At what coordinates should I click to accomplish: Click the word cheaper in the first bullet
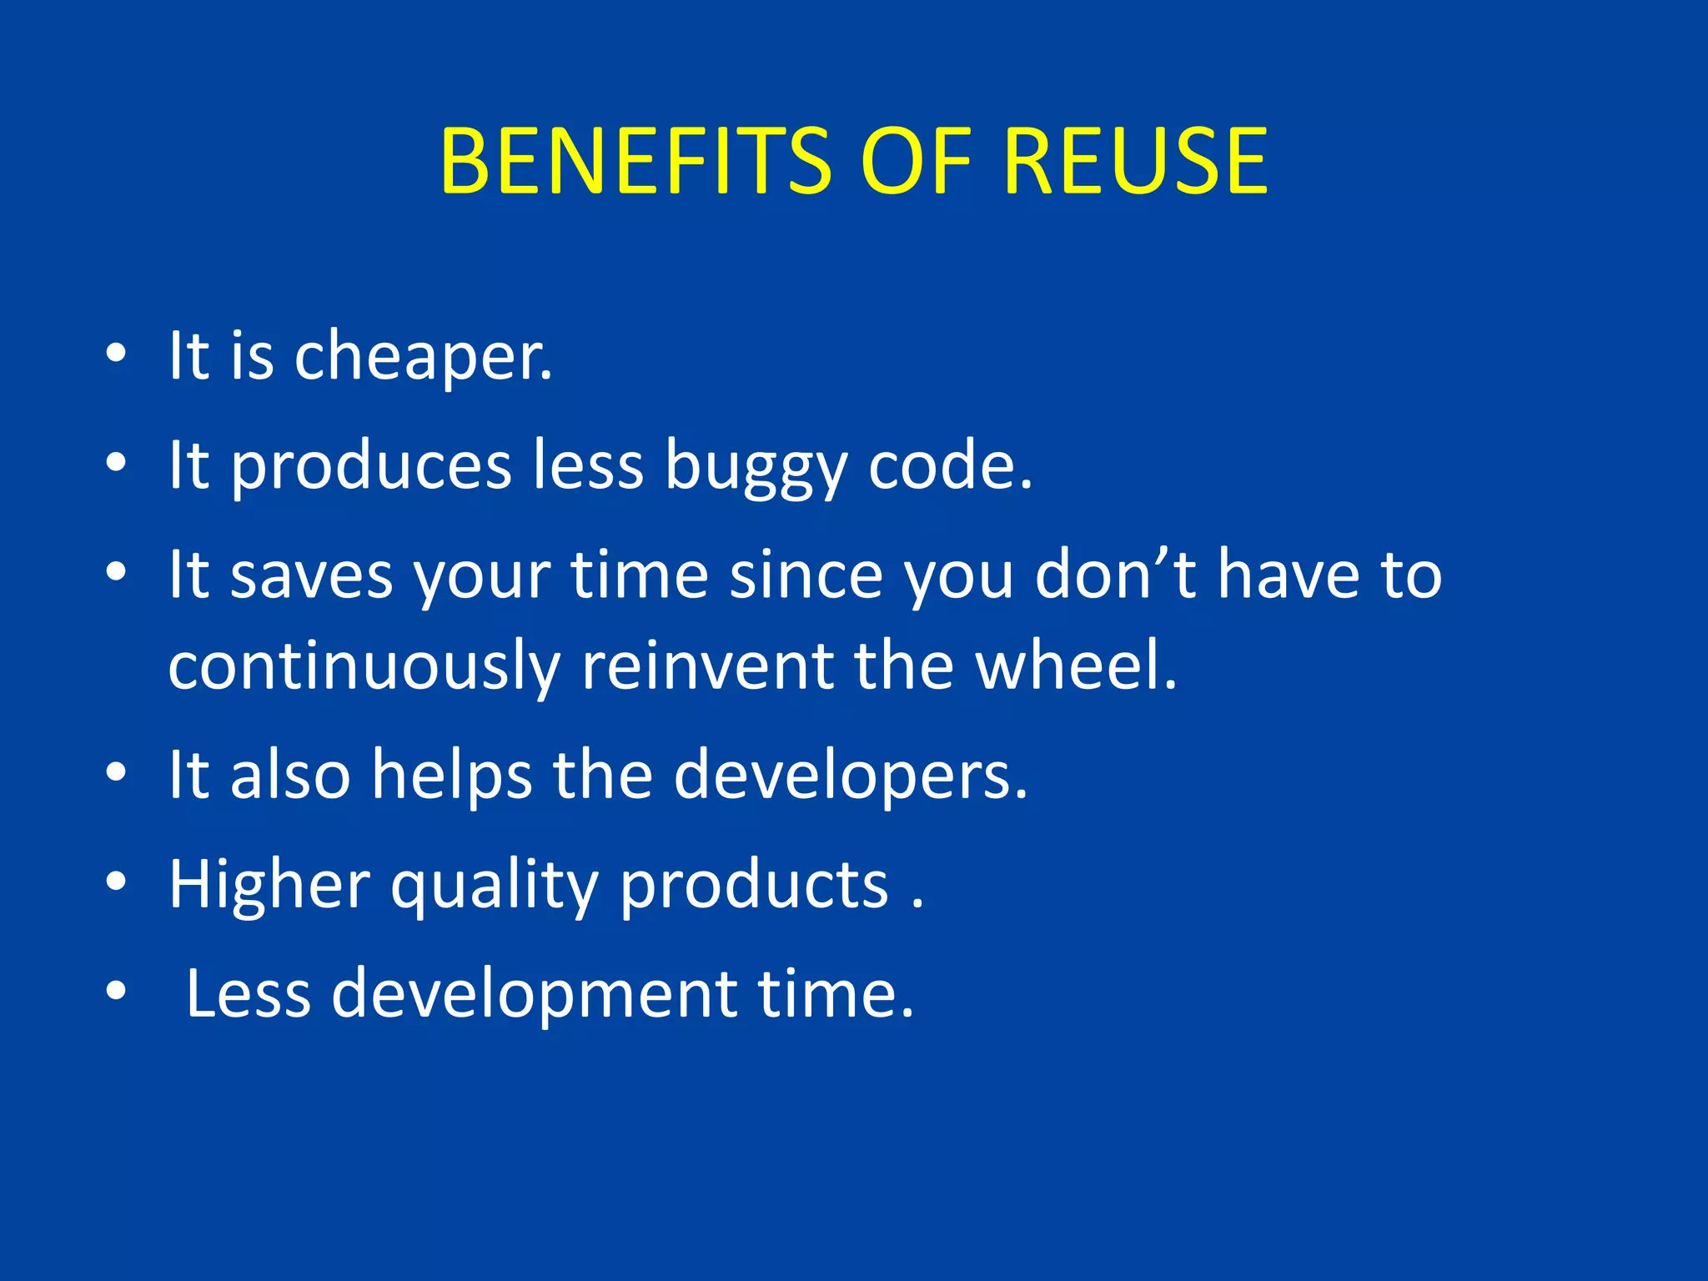(x=422, y=357)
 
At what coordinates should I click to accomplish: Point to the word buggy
(x=756, y=467)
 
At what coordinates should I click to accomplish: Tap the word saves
(x=310, y=575)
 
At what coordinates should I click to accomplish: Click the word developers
(x=850, y=776)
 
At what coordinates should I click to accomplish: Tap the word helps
(x=451, y=776)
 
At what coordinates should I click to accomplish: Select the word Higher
(x=269, y=886)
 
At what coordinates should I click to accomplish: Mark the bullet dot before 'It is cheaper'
(x=116, y=354)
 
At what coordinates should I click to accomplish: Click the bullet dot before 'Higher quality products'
(x=116, y=881)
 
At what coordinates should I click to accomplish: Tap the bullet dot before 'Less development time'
(x=116, y=991)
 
